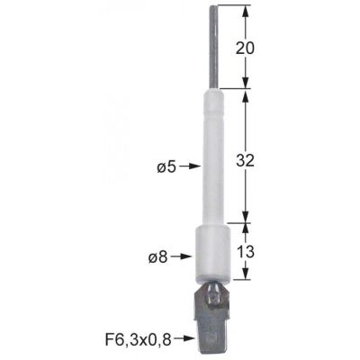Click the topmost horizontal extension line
pos(229,6)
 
